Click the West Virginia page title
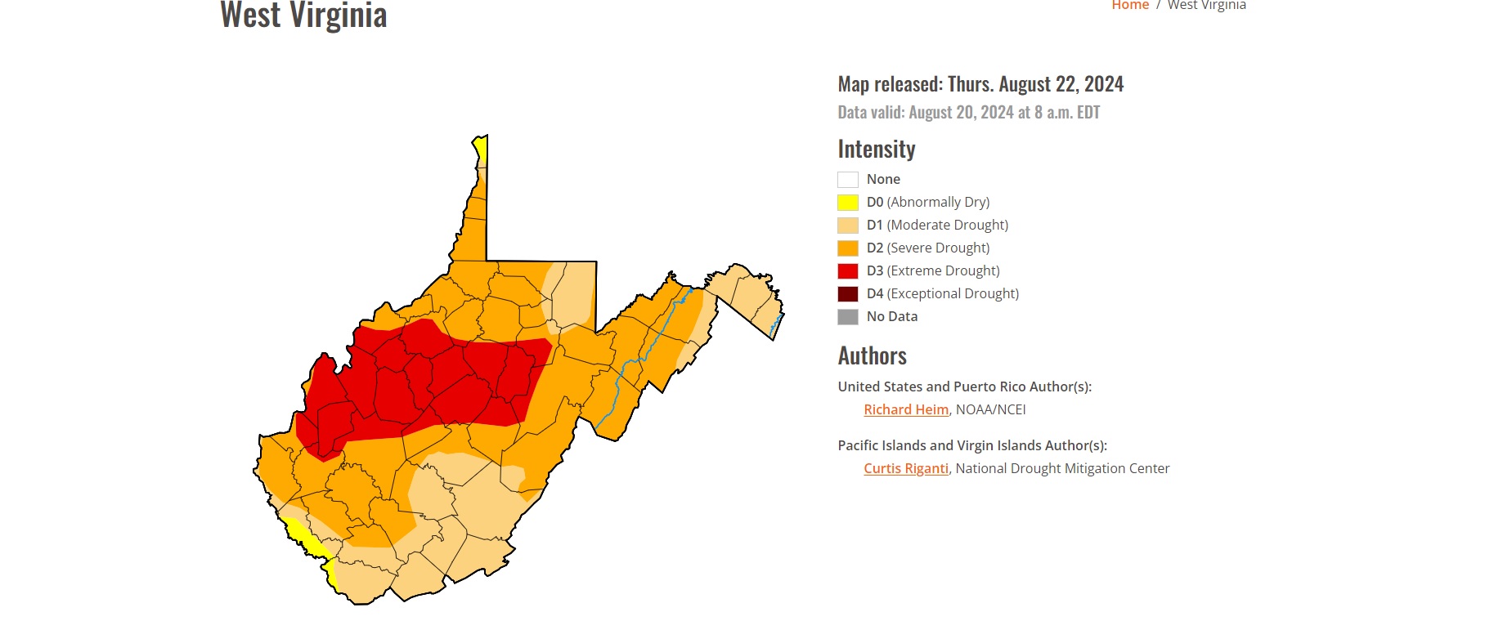[303, 15]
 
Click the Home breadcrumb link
[1129, 5]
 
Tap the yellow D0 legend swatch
[847, 203]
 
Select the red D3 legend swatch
[847, 271]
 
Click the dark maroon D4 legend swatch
[847, 294]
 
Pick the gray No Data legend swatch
[847, 317]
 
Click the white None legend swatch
[847, 180]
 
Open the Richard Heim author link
[905, 409]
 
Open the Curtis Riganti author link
[905, 468]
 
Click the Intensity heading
[876, 149]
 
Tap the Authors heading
[872, 355]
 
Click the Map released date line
[980, 84]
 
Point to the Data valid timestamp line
[968, 112]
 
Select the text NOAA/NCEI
[990, 409]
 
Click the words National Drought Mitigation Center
[1062, 468]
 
